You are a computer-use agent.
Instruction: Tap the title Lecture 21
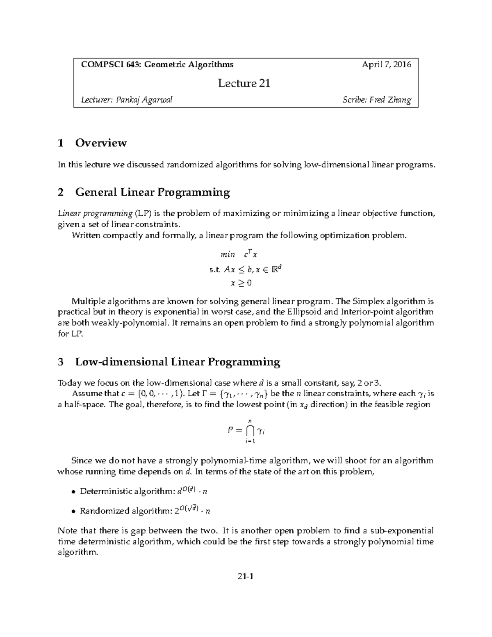(x=244, y=83)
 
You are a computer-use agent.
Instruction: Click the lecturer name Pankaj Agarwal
(x=144, y=100)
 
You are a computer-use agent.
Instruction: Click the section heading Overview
(x=101, y=143)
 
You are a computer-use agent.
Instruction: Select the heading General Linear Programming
(x=153, y=192)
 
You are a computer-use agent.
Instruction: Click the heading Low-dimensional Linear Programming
(x=178, y=362)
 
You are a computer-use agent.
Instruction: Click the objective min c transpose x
(x=239, y=255)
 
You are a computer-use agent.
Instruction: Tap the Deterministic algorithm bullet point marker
(x=73, y=491)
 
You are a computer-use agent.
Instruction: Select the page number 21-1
(x=246, y=577)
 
